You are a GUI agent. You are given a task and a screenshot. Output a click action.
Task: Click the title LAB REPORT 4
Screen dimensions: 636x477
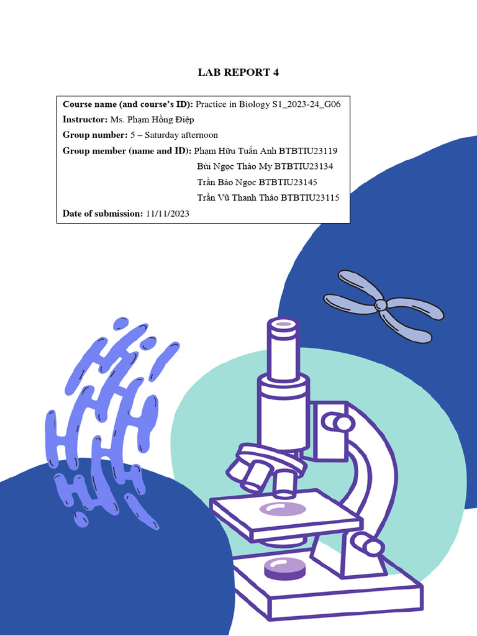[x=238, y=73]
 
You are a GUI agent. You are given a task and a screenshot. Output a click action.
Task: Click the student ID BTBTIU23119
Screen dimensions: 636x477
[x=308, y=151]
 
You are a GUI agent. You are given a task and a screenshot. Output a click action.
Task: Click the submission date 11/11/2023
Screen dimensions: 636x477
[x=168, y=214]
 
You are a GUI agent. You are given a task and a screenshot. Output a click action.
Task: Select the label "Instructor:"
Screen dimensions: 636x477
[x=85, y=119]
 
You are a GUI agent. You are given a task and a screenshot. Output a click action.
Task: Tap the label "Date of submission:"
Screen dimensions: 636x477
[x=102, y=214]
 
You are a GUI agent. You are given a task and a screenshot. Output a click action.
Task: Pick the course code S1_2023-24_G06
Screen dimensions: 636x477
[x=306, y=104]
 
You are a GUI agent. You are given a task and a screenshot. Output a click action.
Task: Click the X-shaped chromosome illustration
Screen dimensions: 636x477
[x=380, y=305]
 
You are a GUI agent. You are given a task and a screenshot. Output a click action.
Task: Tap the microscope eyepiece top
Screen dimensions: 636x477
[x=283, y=324]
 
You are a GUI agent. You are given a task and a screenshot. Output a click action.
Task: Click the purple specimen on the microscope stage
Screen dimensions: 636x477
[x=283, y=509]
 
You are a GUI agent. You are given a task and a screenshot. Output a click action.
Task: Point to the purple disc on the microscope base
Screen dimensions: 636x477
[x=288, y=567]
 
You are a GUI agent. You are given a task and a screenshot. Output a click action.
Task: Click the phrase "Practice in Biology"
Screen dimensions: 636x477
[x=233, y=104]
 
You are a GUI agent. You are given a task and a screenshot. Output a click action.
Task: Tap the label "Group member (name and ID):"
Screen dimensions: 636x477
[x=127, y=151]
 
